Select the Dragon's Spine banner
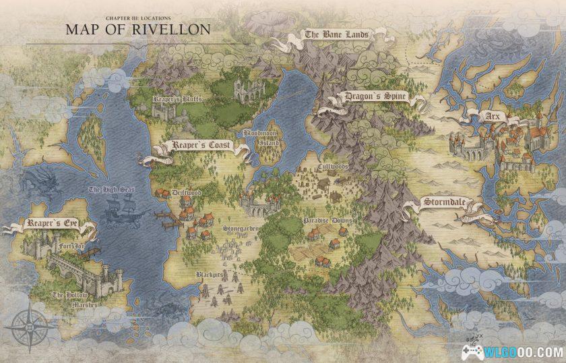tap(375, 97)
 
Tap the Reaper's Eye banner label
tap(49, 223)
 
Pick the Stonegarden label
tap(241, 229)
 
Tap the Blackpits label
tap(209, 275)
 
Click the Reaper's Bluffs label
tap(179, 99)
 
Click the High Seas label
tap(111, 190)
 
